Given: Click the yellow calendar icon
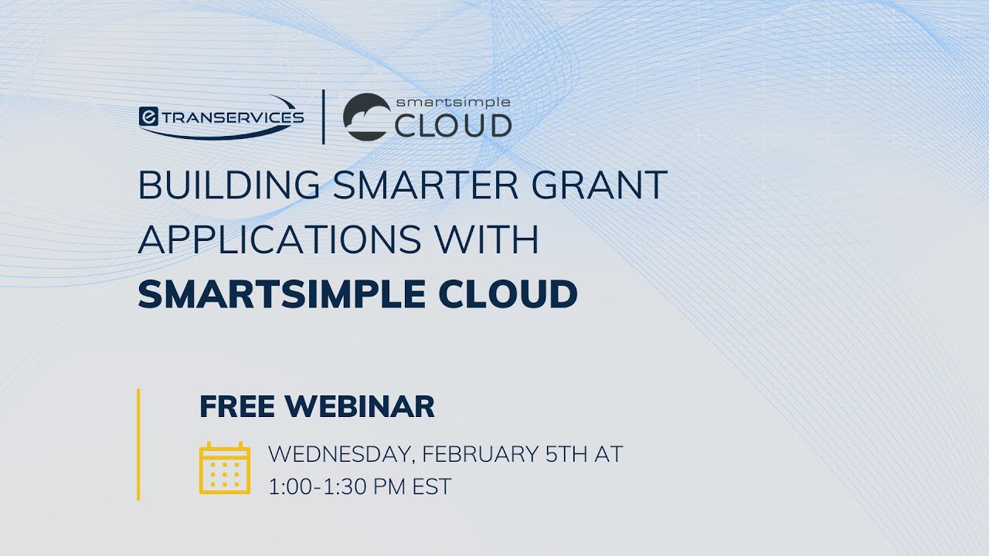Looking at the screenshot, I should tap(225, 468).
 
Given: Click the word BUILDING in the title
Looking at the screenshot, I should tap(229, 186).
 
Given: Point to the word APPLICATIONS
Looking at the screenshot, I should tap(280, 240).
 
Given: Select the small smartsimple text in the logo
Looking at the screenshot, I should tap(453, 101).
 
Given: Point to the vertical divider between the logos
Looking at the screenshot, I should tap(323, 117).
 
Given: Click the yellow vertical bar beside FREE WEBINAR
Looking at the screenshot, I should tap(138, 444).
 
